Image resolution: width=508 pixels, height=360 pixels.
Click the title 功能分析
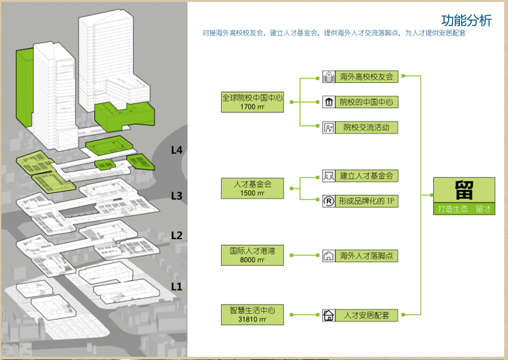467,20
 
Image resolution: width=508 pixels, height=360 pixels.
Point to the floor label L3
176,196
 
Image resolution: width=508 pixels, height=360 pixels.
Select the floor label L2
176,235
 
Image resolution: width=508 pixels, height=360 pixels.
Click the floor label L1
176,287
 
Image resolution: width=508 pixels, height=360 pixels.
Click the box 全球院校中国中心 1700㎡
253,102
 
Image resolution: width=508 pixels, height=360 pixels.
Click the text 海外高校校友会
366,77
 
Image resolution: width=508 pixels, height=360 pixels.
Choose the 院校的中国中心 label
366,102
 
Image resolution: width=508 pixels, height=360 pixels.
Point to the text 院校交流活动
366,127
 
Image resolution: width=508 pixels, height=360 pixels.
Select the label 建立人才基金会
366,176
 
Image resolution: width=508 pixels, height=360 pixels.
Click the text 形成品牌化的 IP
366,200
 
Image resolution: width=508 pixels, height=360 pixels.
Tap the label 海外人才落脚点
366,256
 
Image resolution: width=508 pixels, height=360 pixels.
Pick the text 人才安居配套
366,315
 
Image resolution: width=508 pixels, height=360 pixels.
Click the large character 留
465,190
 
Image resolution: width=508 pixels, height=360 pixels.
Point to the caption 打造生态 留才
465,209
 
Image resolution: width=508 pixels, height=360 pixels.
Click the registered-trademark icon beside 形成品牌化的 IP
328,200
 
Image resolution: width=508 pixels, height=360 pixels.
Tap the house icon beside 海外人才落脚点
328,256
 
